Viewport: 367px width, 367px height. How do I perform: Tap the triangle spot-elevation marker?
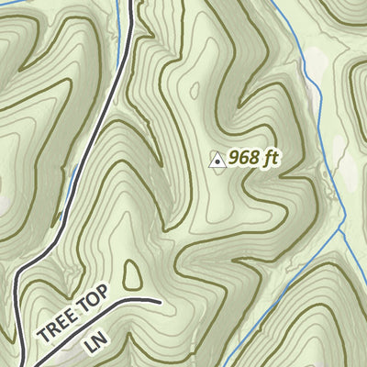(x=217, y=161)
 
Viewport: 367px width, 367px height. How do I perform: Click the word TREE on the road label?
(x=57, y=326)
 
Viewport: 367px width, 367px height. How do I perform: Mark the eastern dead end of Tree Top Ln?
(x=159, y=300)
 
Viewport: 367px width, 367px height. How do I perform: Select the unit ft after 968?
(x=269, y=157)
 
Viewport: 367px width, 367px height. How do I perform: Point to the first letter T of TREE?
(x=43, y=337)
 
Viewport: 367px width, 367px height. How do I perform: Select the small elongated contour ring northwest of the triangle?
(x=194, y=89)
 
